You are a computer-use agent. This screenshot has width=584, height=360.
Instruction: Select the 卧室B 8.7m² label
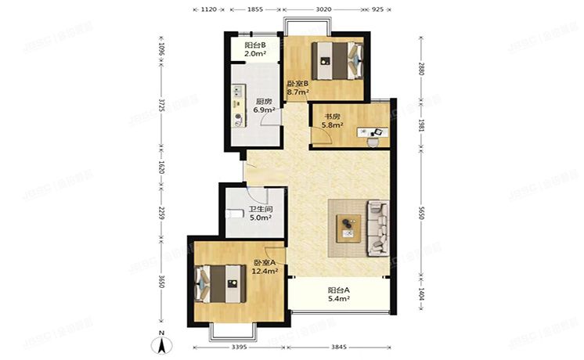pyautogui.click(x=297, y=88)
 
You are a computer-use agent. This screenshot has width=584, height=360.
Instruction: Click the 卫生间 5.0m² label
pyautogui.click(x=260, y=214)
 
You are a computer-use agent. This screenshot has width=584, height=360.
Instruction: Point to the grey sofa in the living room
pyautogui.click(x=378, y=228)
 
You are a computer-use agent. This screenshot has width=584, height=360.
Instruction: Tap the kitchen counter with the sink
pyautogui.click(x=239, y=106)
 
